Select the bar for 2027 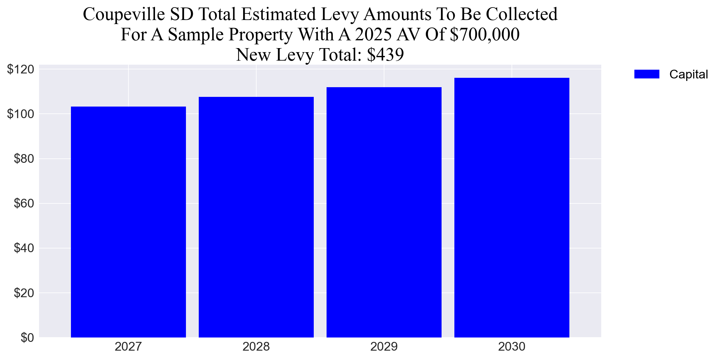point(128,222)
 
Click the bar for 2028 point(256,217)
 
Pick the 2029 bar point(384,212)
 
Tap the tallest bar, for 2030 point(512,208)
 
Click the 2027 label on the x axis point(128,347)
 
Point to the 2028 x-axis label point(256,347)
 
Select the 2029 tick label point(384,347)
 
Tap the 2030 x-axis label point(512,347)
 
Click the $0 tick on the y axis point(27,337)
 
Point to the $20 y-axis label point(24,293)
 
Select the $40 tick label point(24,248)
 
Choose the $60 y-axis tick point(24,203)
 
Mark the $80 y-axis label point(24,159)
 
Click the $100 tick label point(20,114)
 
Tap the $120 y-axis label point(20,69)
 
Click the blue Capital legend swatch point(647,74)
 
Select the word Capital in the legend point(688,74)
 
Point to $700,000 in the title point(484,34)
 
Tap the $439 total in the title point(385,55)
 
